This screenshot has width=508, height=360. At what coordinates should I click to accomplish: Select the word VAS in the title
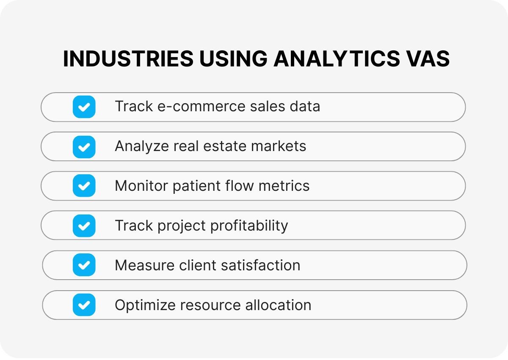point(425,59)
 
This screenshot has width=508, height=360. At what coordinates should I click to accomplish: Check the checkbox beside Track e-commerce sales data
point(84,107)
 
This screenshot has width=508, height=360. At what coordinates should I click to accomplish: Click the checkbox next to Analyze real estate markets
point(84,146)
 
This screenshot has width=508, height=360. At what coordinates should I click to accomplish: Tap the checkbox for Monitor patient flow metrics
point(84,186)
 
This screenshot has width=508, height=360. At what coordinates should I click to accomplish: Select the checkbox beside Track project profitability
point(84,225)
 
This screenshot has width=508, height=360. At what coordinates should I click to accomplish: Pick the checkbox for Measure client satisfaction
point(84,265)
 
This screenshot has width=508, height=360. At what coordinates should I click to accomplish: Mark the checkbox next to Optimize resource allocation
point(84,305)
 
